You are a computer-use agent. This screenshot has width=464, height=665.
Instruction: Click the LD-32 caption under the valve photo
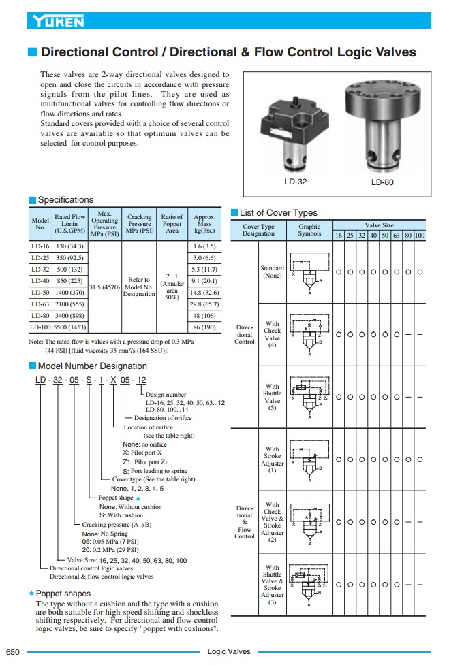(296, 182)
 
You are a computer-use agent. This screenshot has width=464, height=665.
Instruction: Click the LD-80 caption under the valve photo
(382, 182)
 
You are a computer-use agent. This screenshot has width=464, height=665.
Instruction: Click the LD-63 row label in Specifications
(40, 304)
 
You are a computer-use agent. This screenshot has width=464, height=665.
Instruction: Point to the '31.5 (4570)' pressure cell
(105, 286)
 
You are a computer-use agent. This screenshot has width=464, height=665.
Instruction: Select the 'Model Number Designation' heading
(92, 366)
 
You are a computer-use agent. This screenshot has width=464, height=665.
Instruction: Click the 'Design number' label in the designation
(166, 395)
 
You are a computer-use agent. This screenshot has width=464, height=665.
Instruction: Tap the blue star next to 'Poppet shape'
(138, 498)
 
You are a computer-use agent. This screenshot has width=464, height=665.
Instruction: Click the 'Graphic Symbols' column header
(309, 229)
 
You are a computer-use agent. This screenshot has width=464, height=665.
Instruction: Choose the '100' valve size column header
(420, 236)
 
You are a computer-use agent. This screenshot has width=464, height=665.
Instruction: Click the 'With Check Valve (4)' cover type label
(272, 335)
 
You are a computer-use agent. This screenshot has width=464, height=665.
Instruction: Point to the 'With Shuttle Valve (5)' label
(272, 397)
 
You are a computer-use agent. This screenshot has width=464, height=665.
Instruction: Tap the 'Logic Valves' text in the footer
(229, 651)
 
